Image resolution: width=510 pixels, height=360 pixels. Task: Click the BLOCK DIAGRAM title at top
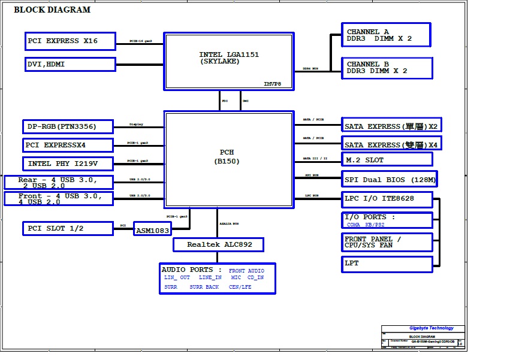click(x=52, y=10)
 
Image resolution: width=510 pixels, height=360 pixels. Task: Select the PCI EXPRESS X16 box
click(x=71, y=41)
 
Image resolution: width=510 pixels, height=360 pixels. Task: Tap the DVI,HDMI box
click(x=71, y=64)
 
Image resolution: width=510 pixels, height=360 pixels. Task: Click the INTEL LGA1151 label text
click(x=229, y=55)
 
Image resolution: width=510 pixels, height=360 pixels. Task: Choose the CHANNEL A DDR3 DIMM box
click(x=387, y=35)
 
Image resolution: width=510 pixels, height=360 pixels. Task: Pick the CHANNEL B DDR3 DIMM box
click(x=388, y=68)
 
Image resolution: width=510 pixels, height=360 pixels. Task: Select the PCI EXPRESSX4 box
click(x=69, y=145)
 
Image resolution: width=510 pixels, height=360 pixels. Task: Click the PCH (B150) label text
click(x=227, y=156)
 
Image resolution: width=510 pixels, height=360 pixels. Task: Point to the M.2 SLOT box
click(x=387, y=159)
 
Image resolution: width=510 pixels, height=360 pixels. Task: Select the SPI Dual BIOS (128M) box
click(x=390, y=179)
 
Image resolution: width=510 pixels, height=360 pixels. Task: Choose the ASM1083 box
click(x=153, y=230)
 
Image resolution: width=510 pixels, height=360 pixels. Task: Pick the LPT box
click(x=387, y=263)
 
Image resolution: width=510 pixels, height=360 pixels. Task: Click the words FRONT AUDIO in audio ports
click(x=246, y=271)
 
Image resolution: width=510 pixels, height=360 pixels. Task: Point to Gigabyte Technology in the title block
click(x=431, y=328)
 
